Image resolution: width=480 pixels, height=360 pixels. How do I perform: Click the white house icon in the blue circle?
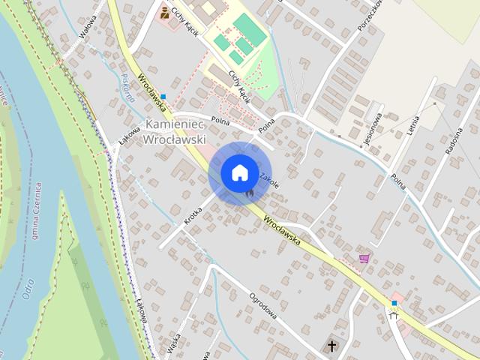(238, 172)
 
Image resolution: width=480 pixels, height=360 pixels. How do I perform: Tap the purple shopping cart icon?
(364, 259)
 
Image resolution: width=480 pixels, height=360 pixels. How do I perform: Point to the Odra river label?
(28, 288)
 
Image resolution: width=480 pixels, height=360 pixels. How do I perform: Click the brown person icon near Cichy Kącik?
(164, 13)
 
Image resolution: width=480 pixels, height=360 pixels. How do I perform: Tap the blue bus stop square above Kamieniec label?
(163, 97)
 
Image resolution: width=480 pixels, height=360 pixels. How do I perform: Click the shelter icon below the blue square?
(394, 315)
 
